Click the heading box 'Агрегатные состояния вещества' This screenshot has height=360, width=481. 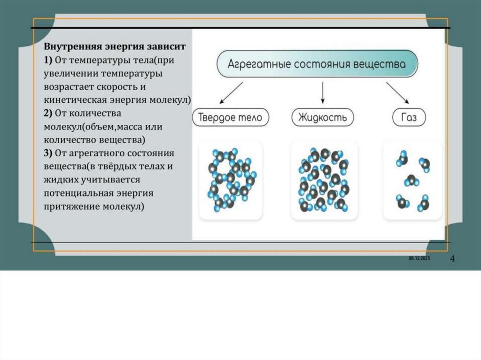coord(317,63)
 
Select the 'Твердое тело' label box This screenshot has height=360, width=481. coord(231,117)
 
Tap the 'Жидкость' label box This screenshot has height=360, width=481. coord(322,117)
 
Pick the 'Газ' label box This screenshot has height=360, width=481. coord(409,117)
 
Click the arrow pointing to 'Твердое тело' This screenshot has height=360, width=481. coord(231,92)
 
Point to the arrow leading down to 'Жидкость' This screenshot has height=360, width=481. coord(323,92)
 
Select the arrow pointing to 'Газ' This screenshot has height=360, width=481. coord(397,92)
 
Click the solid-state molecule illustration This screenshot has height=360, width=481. coord(231,180)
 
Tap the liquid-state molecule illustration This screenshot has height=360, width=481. coord(324,180)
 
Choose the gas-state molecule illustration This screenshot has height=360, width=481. coord(413,180)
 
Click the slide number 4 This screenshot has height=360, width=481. coord(452,259)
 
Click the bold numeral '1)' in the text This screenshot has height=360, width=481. coord(49,60)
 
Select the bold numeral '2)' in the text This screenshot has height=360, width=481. coord(49,113)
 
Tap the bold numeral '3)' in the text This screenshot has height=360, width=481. coord(49,153)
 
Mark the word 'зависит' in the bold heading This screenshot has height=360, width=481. coord(170,47)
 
